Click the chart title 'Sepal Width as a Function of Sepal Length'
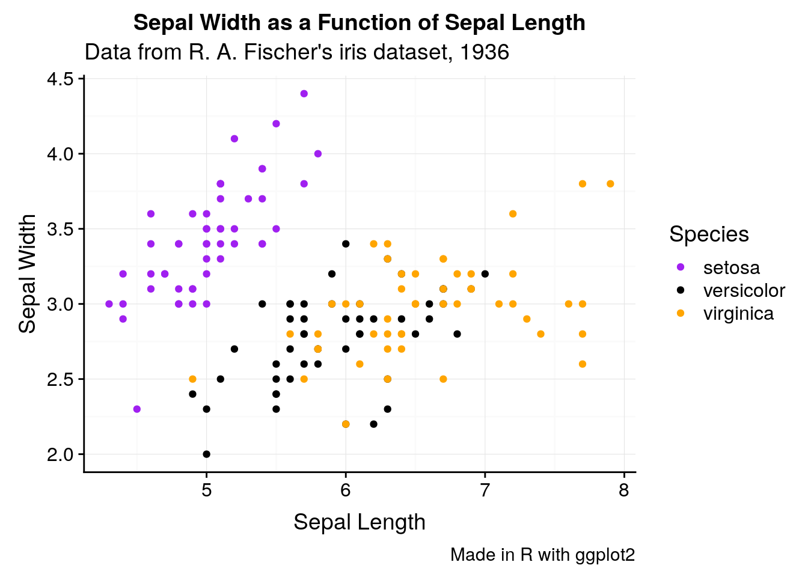pyautogui.click(x=359, y=23)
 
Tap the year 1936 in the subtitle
pyautogui.click(x=484, y=52)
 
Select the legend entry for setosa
pyautogui.click(x=731, y=267)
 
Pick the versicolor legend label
pyautogui.click(x=744, y=290)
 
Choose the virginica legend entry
pyautogui.click(x=738, y=313)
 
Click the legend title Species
pyautogui.click(x=709, y=234)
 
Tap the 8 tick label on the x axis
pyautogui.click(x=623, y=490)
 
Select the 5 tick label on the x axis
pyautogui.click(x=206, y=490)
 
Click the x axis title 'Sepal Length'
pyautogui.click(x=359, y=522)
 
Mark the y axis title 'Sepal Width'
pyautogui.click(x=28, y=273)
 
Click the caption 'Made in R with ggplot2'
pyautogui.click(x=542, y=554)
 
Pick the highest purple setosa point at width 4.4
pyautogui.click(x=304, y=94)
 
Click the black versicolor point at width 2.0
pyautogui.click(x=206, y=454)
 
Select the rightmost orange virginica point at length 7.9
pyautogui.click(x=610, y=184)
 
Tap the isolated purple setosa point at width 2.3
pyautogui.click(x=137, y=409)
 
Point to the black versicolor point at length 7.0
pyautogui.click(x=485, y=274)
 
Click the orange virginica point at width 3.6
pyautogui.click(x=513, y=214)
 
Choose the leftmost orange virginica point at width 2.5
pyautogui.click(x=192, y=379)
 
